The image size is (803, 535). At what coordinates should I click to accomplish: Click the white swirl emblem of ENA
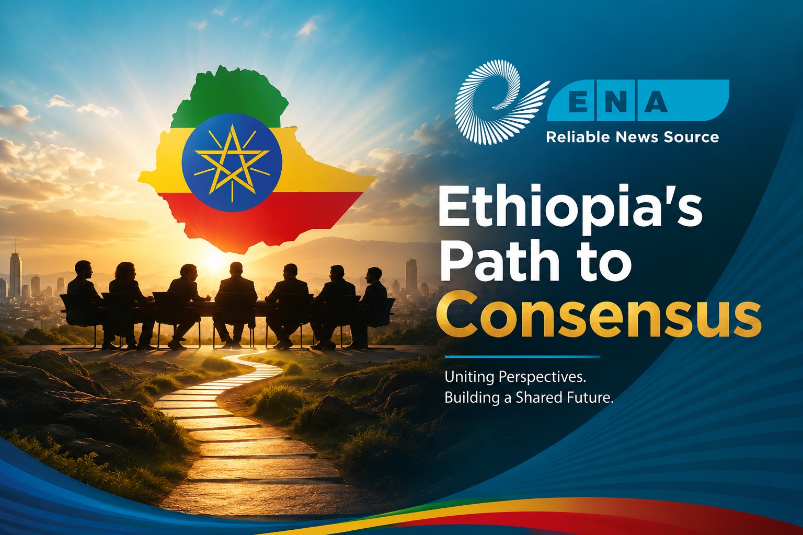(x=498, y=102)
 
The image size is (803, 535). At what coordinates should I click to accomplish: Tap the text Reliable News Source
(x=633, y=137)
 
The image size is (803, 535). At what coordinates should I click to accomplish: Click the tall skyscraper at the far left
(x=15, y=274)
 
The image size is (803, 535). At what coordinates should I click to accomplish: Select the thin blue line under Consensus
(x=522, y=357)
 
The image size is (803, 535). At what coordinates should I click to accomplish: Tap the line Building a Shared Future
(x=529, y=398)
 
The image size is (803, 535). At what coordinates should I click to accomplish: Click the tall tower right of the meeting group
(x=411, y=276)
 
